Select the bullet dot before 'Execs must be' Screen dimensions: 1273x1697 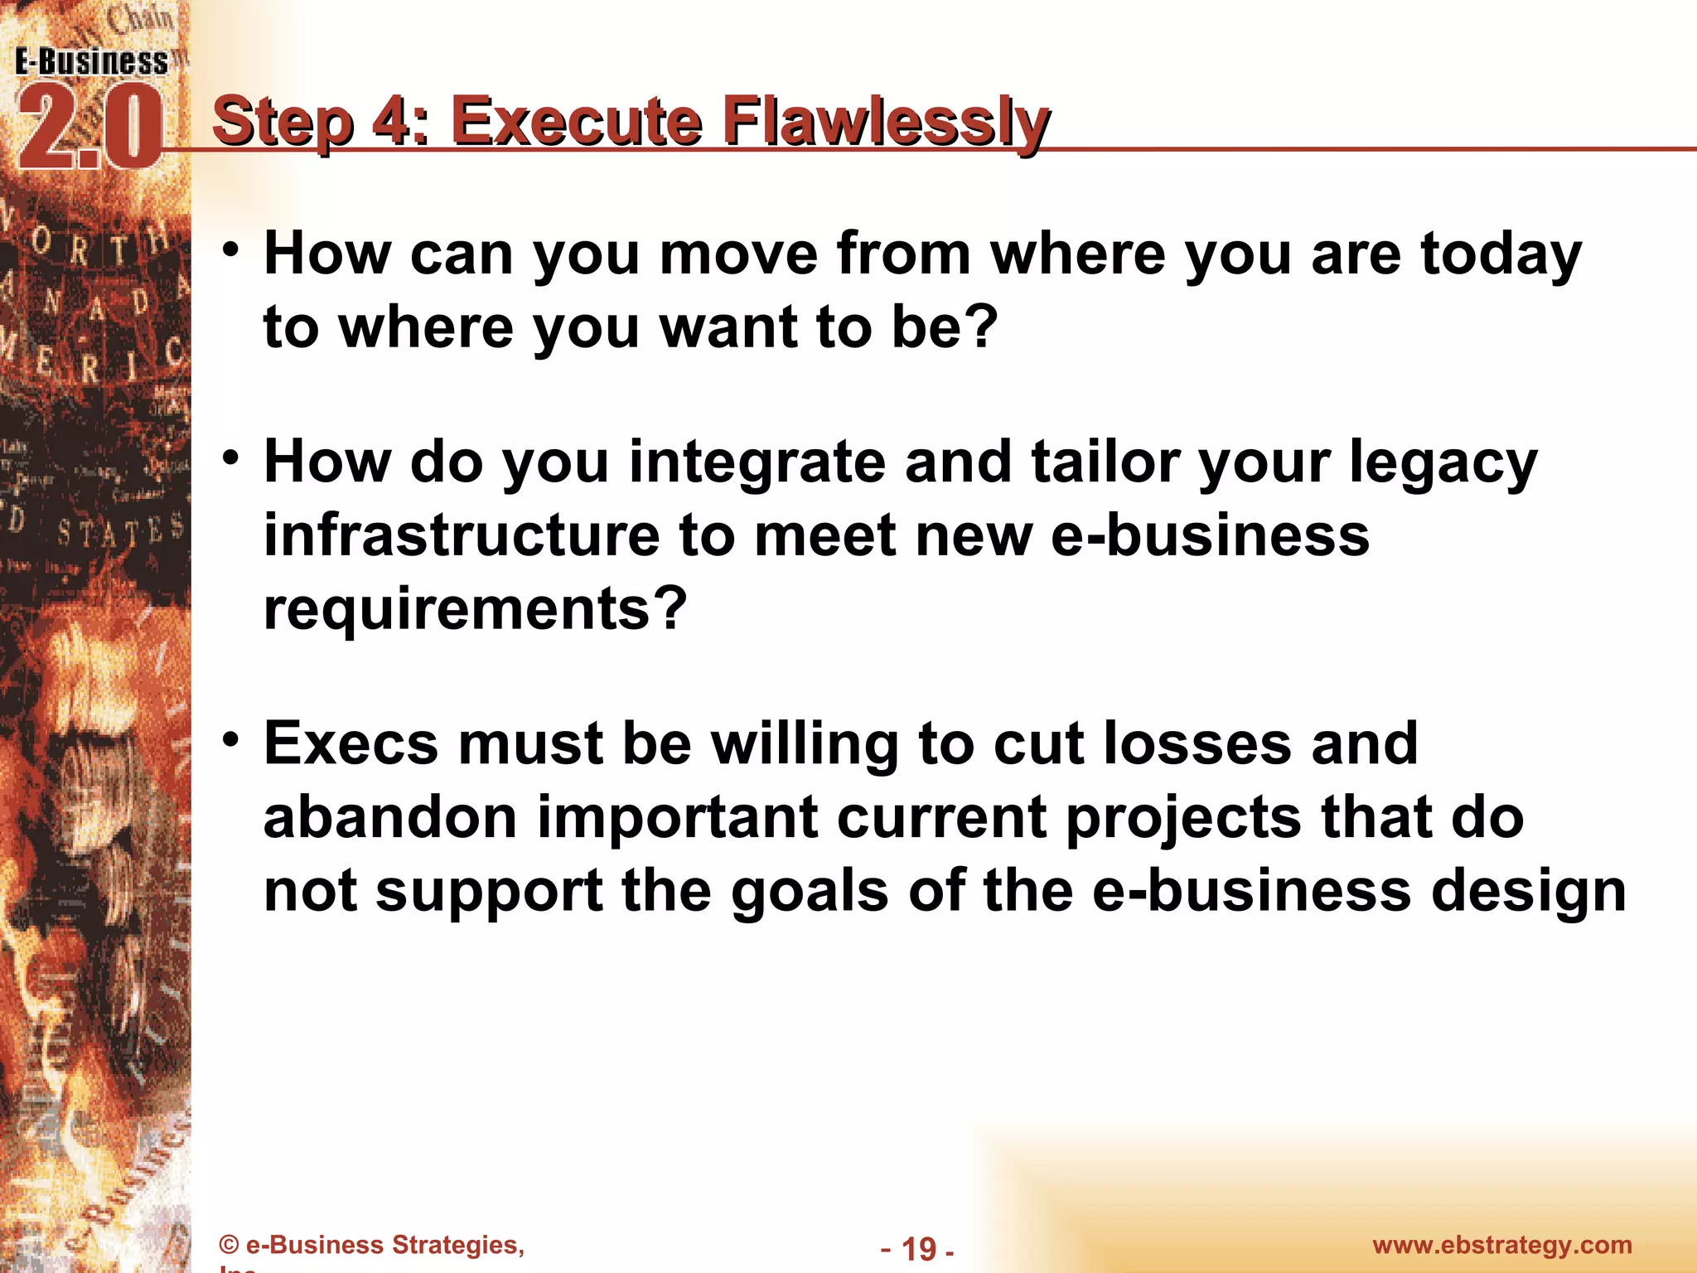232,738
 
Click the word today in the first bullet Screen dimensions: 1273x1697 1501,254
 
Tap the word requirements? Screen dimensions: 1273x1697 475,609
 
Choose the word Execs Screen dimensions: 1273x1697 351,743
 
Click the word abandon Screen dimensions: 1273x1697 390,817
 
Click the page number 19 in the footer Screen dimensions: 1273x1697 917,1248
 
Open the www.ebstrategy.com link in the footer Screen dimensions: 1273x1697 1501,1245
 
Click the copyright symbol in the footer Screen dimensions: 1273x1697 230,1246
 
